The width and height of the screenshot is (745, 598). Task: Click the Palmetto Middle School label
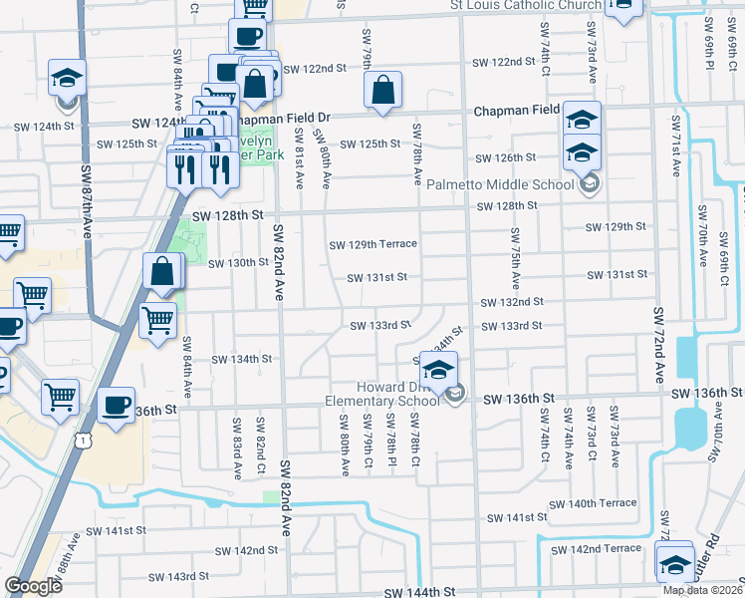(501, 184)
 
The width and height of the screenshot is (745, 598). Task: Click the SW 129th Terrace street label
(373, 244)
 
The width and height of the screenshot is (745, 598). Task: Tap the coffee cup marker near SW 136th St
(117, 406)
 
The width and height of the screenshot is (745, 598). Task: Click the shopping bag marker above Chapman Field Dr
(383, 91)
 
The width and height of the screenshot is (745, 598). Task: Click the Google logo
(33, 585)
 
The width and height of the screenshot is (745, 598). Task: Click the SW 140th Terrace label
(592, 503)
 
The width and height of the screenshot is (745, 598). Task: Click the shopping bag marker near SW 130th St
(162, 272)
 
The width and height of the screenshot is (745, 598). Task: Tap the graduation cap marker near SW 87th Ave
(67, 79)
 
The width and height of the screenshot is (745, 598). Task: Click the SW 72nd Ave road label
(658, 345)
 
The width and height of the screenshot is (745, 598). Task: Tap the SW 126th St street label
(505, 157)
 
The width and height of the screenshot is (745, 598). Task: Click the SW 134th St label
(244, 359)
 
